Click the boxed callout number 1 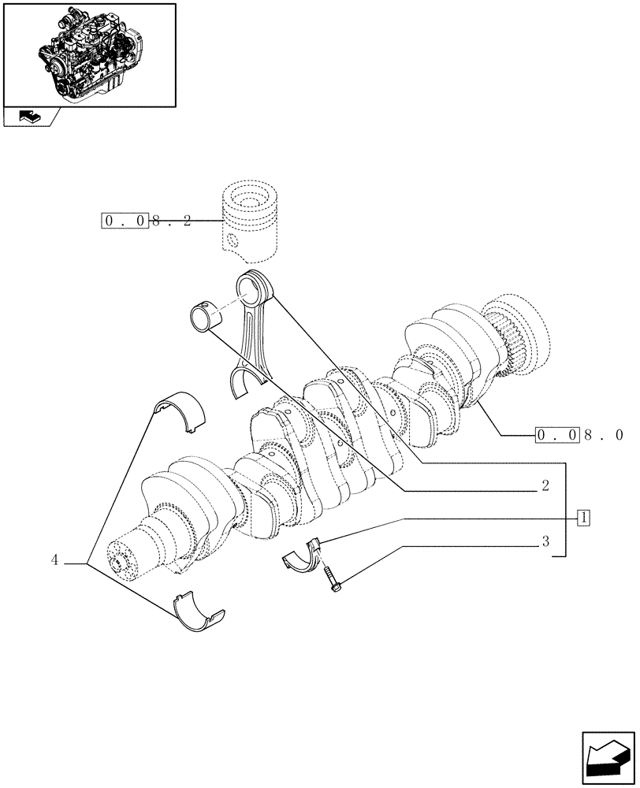(x=583, y=518)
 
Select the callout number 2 (x=545, y=486)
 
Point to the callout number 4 (x=54, y=560)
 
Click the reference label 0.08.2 (x=147, y=221)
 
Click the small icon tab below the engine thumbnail (x=30, y=117)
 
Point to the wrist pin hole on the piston (x=232, y=240)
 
